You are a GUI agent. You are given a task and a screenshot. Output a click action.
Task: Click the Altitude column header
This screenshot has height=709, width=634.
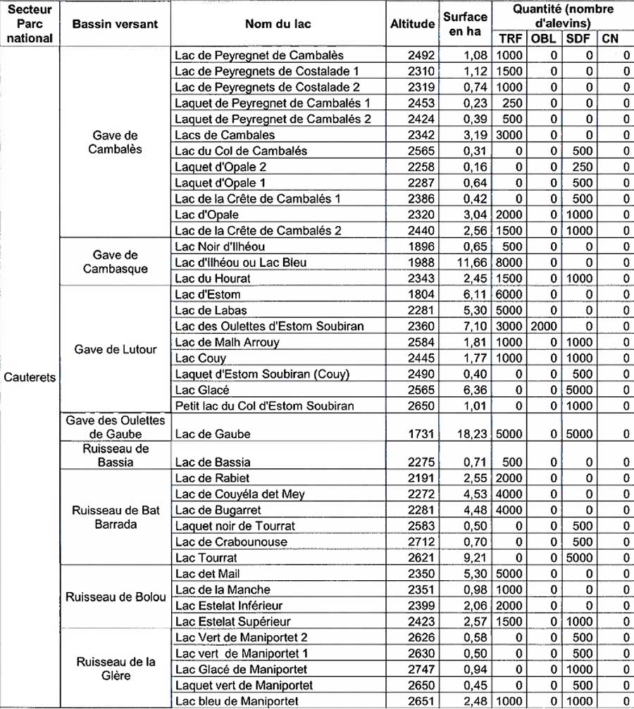coord(412,24)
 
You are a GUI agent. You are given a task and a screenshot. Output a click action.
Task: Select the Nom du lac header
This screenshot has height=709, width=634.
coord(278,24)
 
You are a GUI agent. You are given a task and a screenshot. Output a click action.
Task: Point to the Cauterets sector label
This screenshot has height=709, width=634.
coord(30,377)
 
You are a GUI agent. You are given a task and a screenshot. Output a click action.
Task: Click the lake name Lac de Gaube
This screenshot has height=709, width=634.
coord(212,434)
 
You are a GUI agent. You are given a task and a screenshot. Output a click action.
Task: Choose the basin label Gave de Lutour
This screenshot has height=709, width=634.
coord(116,350)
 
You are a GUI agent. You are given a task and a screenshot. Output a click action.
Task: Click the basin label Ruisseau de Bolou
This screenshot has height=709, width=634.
coord(116,597)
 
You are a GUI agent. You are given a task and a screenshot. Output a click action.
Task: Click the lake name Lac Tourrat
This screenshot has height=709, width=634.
coord(206,558)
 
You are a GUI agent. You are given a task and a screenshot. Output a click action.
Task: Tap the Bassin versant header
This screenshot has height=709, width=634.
coord(116,24)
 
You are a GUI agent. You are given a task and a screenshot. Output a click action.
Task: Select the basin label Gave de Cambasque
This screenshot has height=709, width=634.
coord(116,262)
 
